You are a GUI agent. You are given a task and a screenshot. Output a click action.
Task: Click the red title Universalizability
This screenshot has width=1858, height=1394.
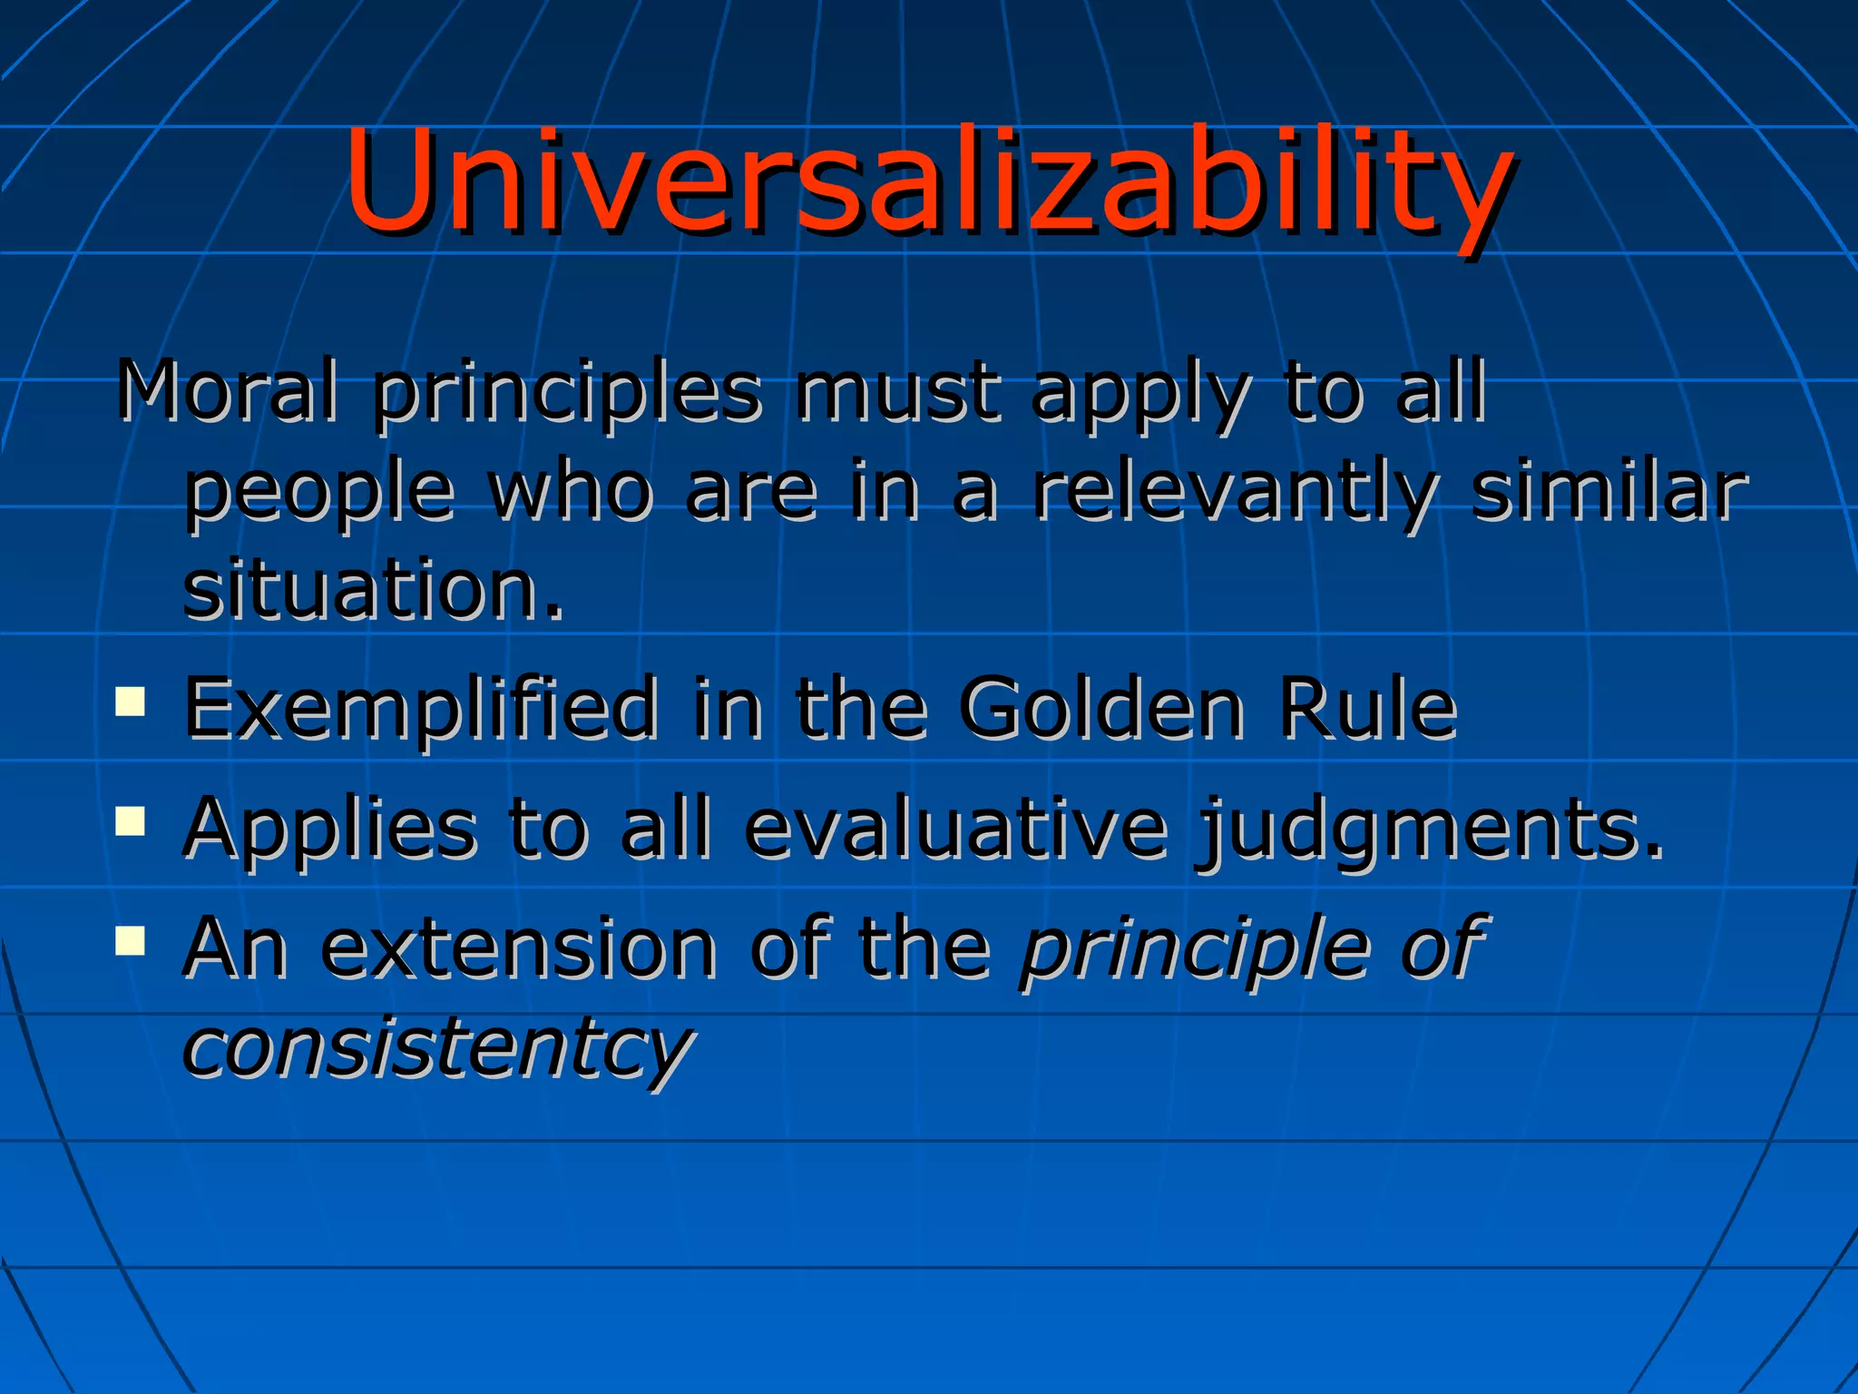(927, 182)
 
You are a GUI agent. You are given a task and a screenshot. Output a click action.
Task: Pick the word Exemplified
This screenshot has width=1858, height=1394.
(421, 710)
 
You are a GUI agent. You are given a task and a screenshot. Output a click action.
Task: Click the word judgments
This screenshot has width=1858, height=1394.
(1430, 830)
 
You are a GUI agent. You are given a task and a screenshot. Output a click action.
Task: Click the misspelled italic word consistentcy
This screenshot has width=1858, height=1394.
(438, 1047)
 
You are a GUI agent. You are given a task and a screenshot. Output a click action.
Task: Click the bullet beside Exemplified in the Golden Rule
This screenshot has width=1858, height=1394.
(131, 702)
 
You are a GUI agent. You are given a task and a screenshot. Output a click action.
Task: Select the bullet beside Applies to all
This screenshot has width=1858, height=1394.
(131, 820)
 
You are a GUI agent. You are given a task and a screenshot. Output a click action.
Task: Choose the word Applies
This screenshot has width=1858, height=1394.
(330, 830)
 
